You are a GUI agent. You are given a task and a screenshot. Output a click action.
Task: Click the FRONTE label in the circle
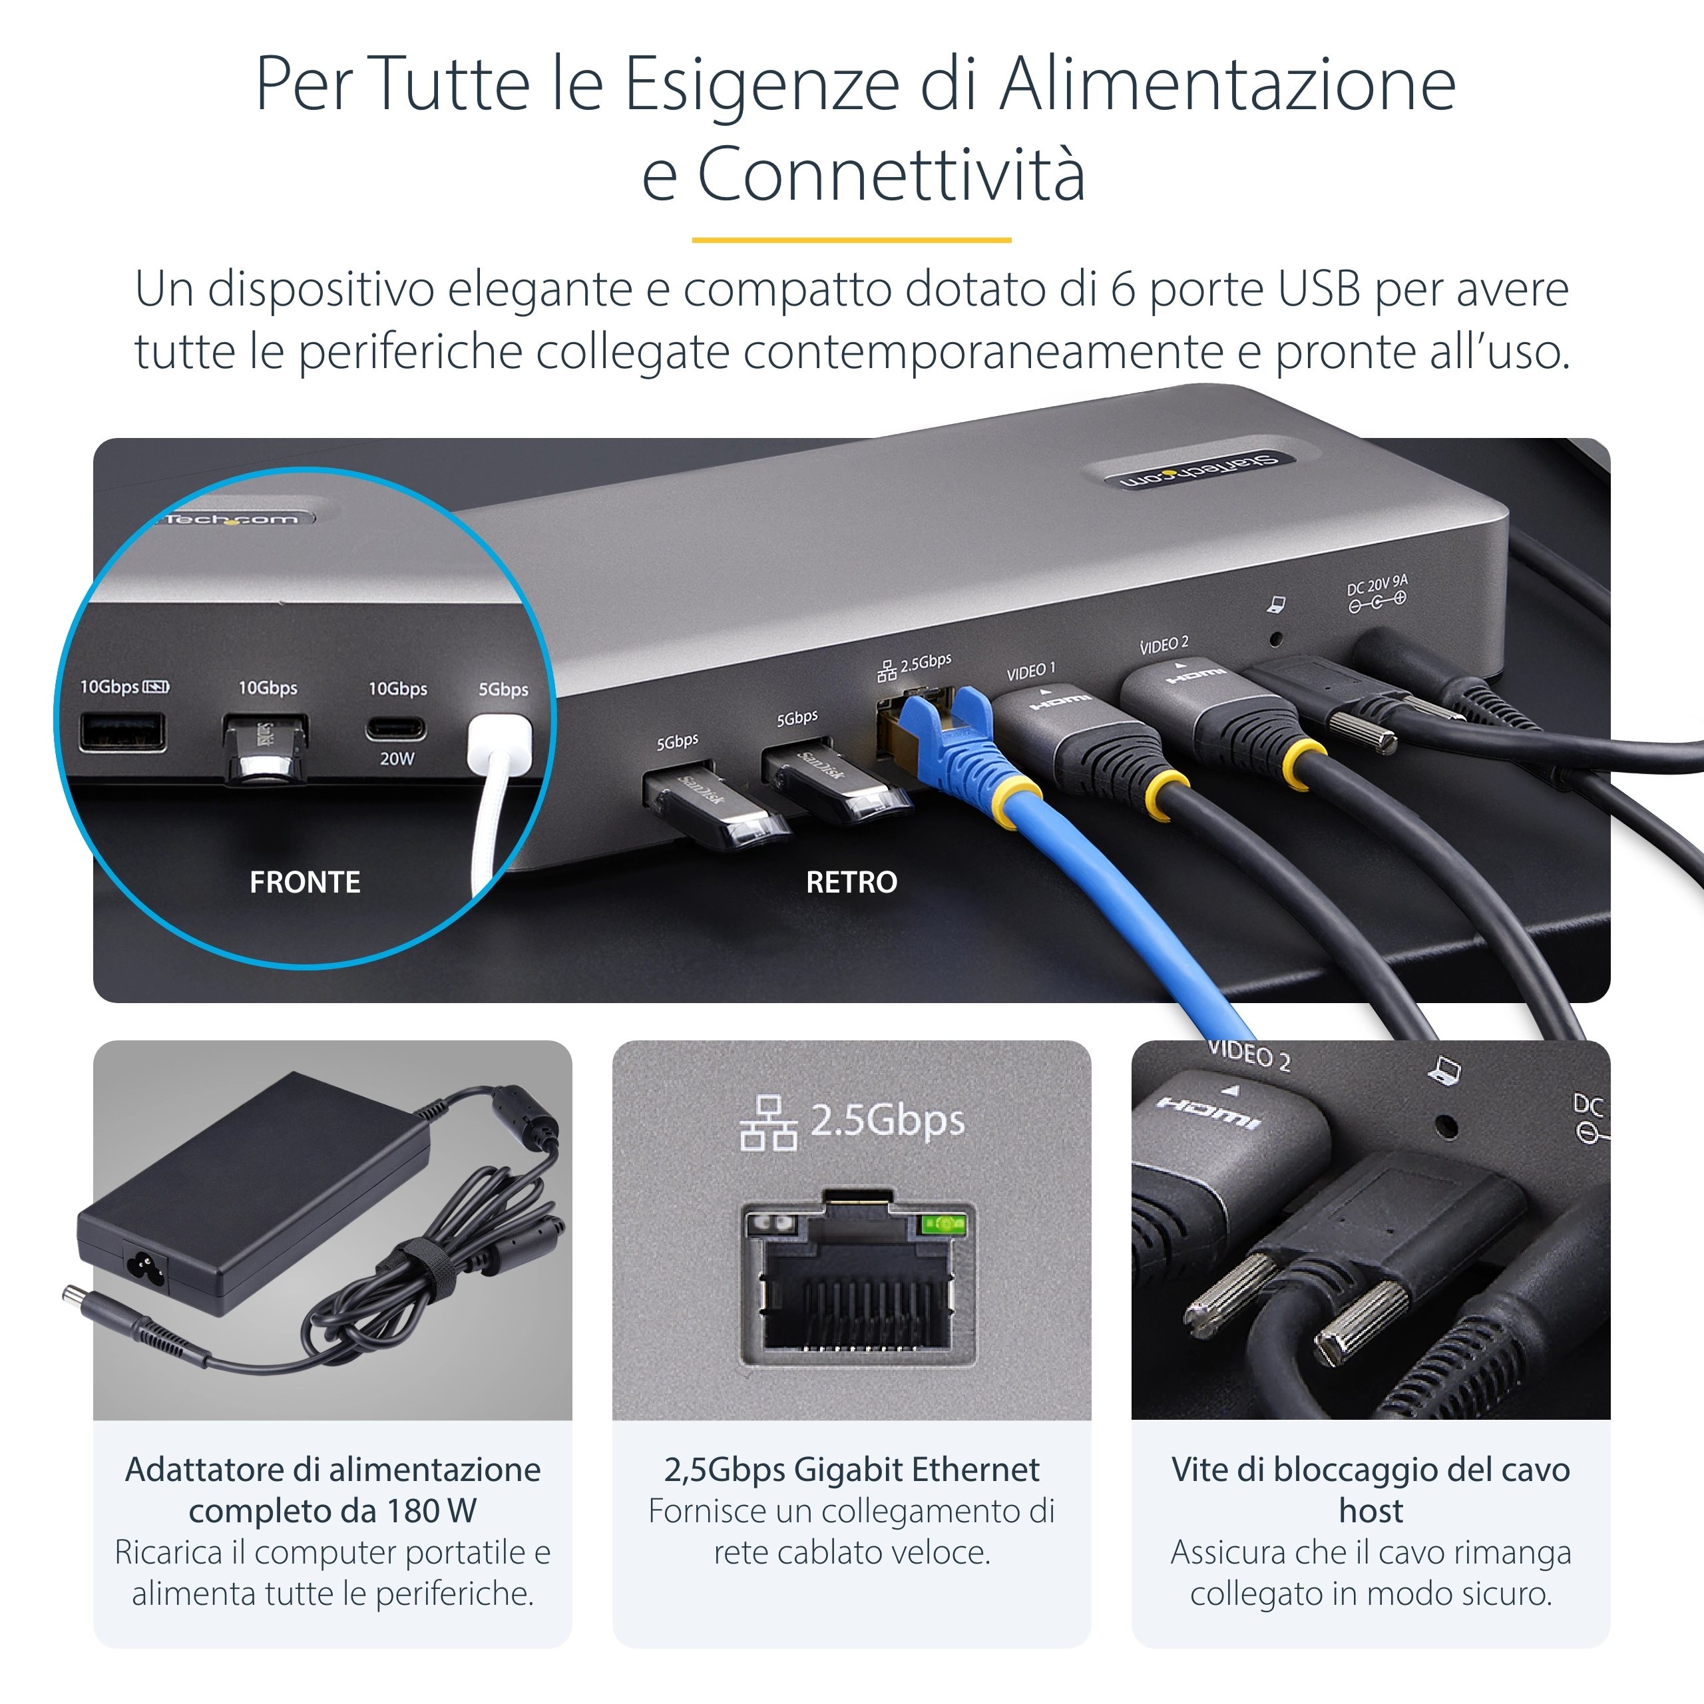pyautogui.click(x=304, y=882)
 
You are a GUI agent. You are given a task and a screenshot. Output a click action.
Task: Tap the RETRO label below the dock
pyautogui.click(x=851, y=882)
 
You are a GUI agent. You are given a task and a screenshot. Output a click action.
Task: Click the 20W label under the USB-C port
pyautogui.click(x=397, y=759)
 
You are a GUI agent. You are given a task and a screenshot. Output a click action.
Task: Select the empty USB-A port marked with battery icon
pyautogui.click(x=122, y=732)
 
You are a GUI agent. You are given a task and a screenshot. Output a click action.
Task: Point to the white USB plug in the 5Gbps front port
pyautogui.click(x=499, y=745)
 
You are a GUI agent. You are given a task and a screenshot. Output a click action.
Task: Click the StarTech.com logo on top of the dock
pyautogui.click(x=1199, y=470)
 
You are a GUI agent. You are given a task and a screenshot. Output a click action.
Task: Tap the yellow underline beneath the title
pyautogui.click(x=851, y=239)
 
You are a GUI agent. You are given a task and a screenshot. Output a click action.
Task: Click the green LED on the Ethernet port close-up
pyautogui.click(x=944, y=1224)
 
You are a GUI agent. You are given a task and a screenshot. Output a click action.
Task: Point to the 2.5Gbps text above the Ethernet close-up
pyautogui.click(x=887, y=1121)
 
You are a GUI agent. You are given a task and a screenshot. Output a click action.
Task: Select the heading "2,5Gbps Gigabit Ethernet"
pyautogui.click(x=851, y=1470)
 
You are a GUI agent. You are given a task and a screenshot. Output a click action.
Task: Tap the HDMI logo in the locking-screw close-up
pyautogui.click(x=1208, y=1113)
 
